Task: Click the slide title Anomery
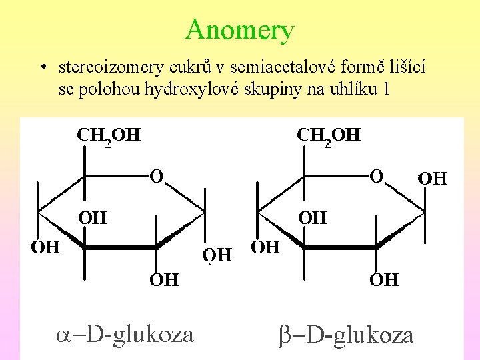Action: click(240, 29)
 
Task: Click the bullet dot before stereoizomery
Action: click(42, 68)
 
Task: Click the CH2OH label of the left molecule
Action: click(109, 136)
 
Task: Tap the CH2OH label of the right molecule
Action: click(328, 136)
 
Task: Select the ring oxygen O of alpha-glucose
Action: click(157, 177)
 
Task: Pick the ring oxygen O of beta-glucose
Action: click(377, 177)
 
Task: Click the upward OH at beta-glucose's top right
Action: click(432, 178)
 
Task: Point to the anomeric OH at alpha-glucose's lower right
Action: click(217, 255)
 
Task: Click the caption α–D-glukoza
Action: click(124, 333)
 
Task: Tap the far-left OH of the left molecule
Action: click(46, 247)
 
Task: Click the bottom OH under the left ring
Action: click(163, 279)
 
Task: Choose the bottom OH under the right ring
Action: click(384, 279)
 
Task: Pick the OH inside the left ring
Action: click(93, 217)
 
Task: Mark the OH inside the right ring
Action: click(312, 217)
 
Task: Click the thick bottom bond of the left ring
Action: click(120, 247)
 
